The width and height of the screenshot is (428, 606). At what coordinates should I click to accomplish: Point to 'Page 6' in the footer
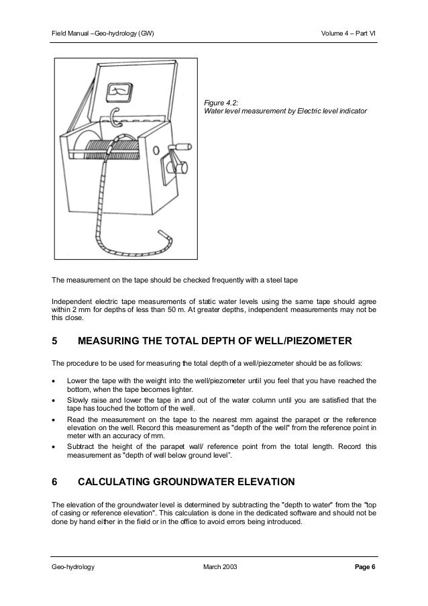[x=364, y=567]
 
